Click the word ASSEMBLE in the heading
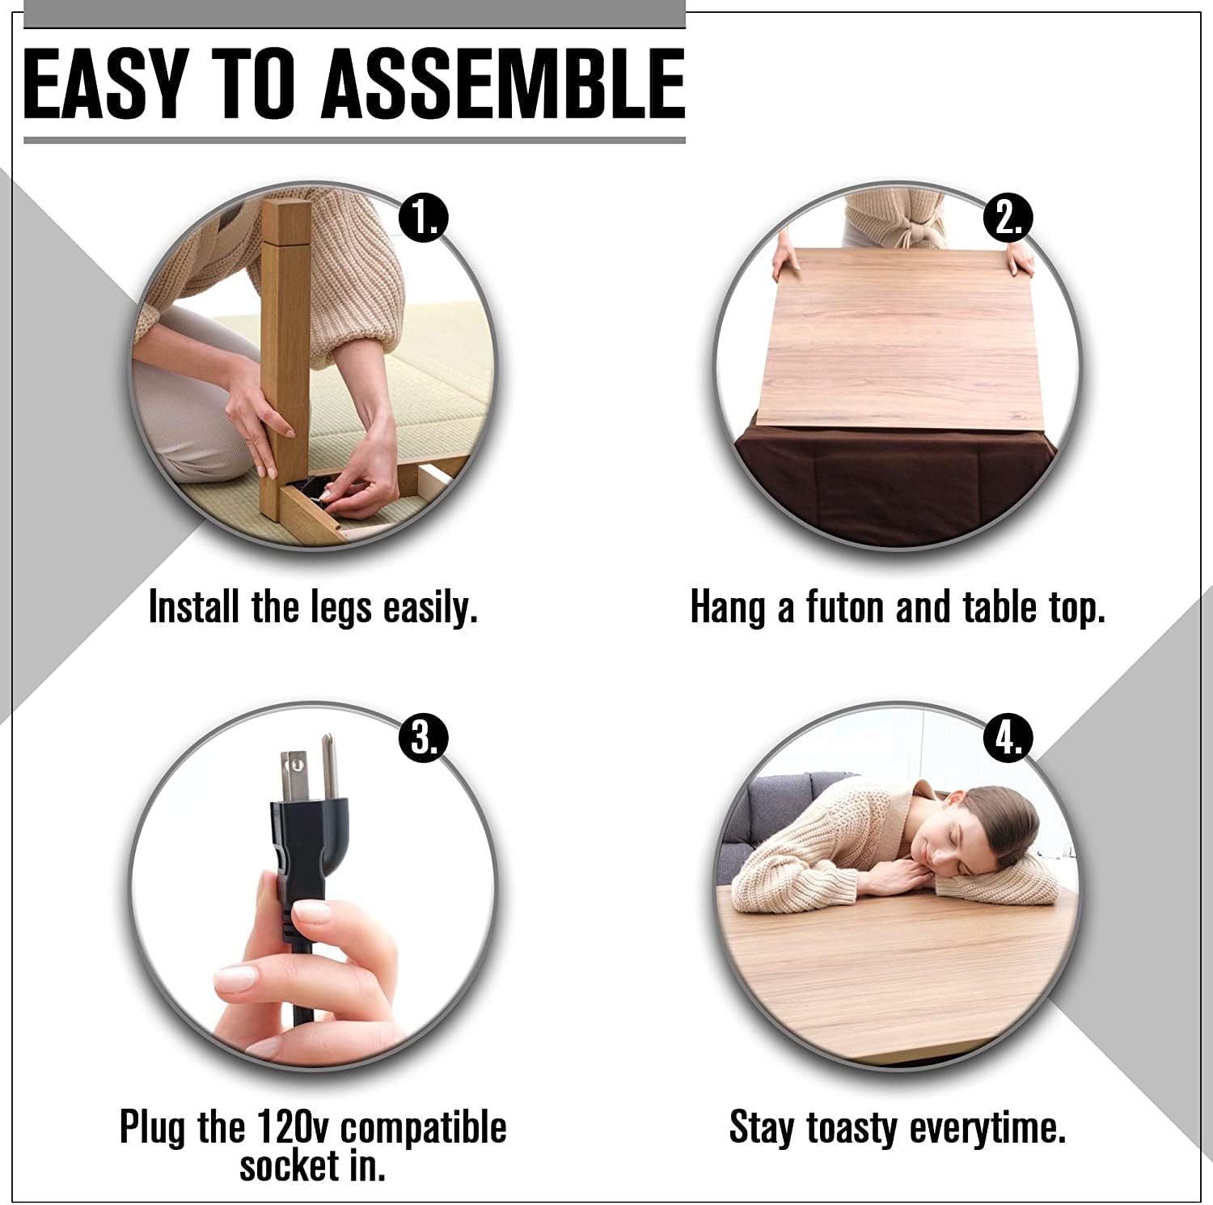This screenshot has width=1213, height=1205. click(x=503, y=83)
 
